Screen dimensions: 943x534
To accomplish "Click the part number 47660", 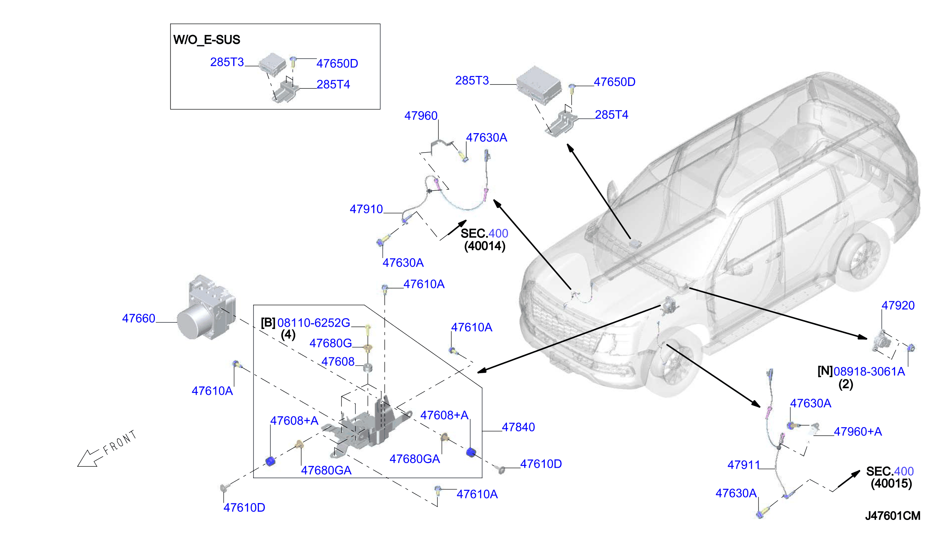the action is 138,318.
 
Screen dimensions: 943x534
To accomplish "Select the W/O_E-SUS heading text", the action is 207,40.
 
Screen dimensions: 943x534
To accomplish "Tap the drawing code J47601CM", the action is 892,516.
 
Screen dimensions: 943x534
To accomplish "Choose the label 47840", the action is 518,427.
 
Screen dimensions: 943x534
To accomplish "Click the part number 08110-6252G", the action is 313,323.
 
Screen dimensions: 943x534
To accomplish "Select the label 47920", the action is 898,305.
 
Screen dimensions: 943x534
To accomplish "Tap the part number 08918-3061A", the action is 869,371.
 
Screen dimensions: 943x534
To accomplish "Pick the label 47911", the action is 744,465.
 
